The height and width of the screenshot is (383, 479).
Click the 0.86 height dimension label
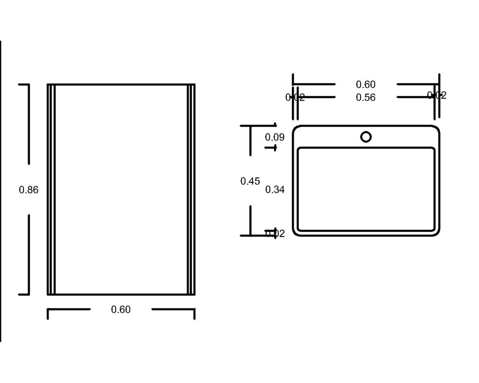tap(29, 190)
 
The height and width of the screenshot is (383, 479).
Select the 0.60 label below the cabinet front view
tap(121, 310)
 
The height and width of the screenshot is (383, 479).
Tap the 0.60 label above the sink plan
tap(365, 85)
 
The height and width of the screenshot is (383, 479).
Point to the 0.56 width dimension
tap(365, 97)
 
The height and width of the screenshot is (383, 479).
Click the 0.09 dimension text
tap(275, 137)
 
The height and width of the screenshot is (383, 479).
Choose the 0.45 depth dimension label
tap(250, 181)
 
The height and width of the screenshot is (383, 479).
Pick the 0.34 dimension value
tap(275, 189)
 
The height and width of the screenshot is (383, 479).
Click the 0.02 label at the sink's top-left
tap(295, 97)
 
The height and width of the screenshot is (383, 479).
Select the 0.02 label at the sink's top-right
tap(437, 95)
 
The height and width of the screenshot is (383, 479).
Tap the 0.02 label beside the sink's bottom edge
tap(275, 234)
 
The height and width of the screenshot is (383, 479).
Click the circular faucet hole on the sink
tap(366, 137)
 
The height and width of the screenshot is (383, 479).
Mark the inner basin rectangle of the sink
tap(366, 189)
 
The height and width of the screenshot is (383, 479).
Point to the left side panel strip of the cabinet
tap(51, 189)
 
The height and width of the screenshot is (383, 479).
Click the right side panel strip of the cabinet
tap(191, 189)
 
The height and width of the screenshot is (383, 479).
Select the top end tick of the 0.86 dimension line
tap(24, 85)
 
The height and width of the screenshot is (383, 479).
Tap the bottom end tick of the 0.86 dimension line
tap(24, 295)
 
